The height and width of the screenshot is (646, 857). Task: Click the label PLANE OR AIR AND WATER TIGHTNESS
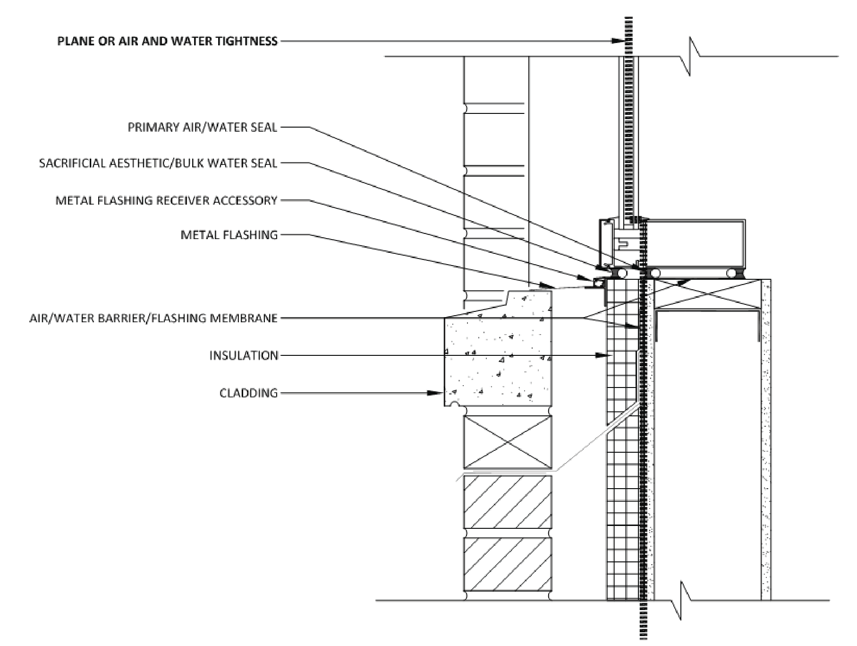[x=167, y=41]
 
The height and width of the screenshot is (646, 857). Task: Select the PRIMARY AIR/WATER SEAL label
[x=203, y=128]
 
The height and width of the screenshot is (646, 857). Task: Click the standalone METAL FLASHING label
[x=229, y=235]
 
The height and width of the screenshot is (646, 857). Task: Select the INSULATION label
[x=244, y=355]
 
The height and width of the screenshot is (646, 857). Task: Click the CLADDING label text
[x=249, y=393]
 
